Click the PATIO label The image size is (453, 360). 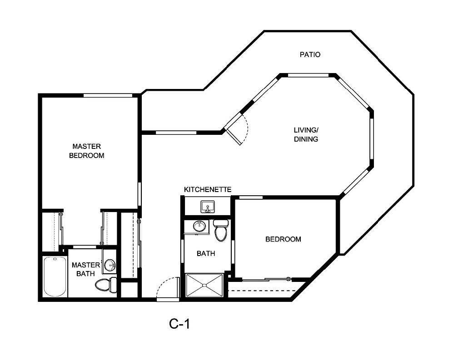coord(310,54)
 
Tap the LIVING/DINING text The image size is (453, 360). coord(305,135)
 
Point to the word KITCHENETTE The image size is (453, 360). coord(208,189)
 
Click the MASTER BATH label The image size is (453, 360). coord(83,269)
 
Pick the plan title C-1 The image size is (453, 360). coord(179,324)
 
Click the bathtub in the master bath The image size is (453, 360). coord(55,276)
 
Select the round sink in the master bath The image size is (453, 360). coord(109,265)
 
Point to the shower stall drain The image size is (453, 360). coord(204,285)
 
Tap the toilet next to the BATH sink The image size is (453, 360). coord(221,231)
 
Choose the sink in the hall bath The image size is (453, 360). coord(199,226)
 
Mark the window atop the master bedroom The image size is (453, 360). coord(108,95)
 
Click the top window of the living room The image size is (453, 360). coord(308,75)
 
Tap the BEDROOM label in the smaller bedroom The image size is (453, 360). coord(283,239)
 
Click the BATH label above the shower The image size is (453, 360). coord(206,254)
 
